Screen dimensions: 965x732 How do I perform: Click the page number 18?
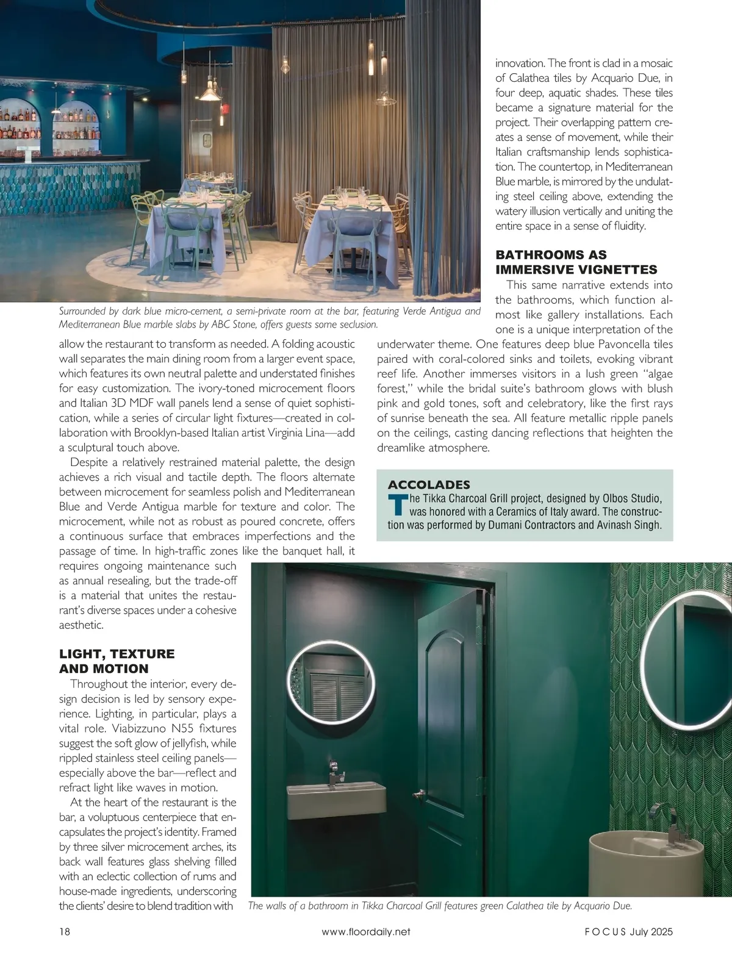click(65, 931)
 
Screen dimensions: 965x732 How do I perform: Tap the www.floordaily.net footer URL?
click(365, 931)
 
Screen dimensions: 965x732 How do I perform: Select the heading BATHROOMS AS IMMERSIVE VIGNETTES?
click(576, 262)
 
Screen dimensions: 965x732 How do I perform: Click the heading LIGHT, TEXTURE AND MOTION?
click(117, 661)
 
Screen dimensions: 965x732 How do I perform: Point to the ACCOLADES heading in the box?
click(429, 485)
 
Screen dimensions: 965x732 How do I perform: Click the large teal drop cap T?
click(398, 504)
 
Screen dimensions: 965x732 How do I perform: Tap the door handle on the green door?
click(418, 795)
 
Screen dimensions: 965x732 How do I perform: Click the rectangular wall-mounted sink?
click(337, 800)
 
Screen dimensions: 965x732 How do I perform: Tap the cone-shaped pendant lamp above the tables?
click(210, 91)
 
